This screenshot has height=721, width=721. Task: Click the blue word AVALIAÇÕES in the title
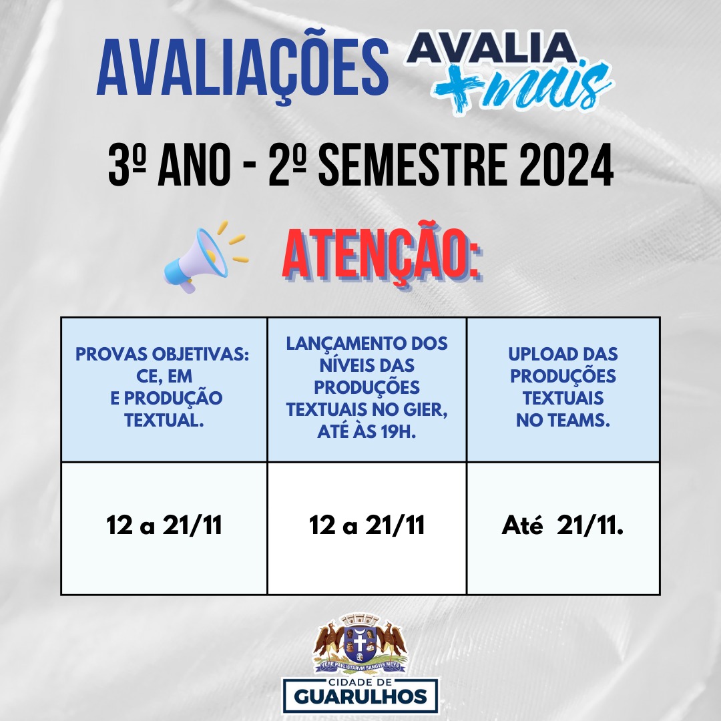pos(243,67)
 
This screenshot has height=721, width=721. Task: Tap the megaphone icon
pos(206,257)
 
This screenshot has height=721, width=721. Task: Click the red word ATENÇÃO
pos(382,254)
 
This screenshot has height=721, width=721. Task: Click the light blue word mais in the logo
pos(550,87)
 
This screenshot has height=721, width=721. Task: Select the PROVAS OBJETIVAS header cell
pos(164,389)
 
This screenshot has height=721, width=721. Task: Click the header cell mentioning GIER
pos(367,389)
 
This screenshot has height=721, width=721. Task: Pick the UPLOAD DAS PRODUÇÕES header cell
pos(563,389)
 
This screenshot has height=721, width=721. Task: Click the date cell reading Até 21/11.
pos(563,528)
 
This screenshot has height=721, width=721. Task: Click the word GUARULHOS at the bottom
pos(360,696)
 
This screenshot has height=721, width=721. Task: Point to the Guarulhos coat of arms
pos(360,644)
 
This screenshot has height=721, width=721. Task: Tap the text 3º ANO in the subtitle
pos(169,165)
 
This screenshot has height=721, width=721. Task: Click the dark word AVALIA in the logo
pos(491,47)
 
